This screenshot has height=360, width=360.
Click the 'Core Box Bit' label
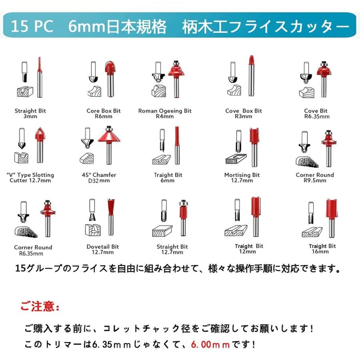pos(103,111)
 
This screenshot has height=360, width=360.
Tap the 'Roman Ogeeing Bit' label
pos(165,111)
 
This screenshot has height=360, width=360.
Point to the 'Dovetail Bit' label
pos(103,247)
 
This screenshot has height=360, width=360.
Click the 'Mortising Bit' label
pos(242,175)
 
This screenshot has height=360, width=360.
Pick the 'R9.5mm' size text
pos(315,180)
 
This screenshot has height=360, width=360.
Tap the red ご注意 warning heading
pos(40,306)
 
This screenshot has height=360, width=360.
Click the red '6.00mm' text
pos(210,344)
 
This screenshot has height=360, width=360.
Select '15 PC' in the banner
pos(32,26)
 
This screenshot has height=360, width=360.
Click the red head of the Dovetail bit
pos(111,207)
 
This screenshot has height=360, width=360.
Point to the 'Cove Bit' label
pos(316,111)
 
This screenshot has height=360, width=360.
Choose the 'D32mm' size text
pos(99,181)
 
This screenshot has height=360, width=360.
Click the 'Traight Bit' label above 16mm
pos(322,246)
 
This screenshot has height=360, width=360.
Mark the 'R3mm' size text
pos(243,117)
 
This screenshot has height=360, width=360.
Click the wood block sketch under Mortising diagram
pos(236,159)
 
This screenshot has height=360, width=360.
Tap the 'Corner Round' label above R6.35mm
pos(33,247)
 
